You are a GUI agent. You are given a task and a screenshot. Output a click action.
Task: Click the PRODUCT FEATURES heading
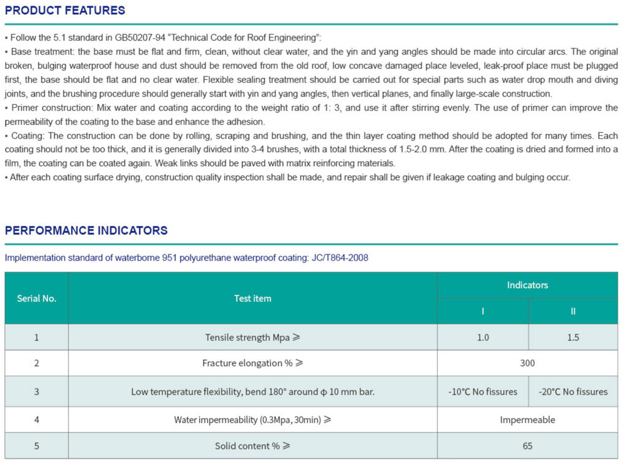(65, 11)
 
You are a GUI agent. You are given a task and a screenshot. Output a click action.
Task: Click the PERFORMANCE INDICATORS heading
(86, 231)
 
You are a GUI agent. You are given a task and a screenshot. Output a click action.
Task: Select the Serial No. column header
(36, 298)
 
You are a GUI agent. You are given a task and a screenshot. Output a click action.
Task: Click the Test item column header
(252, 298)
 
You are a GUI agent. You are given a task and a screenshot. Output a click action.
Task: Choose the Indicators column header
(527, 285)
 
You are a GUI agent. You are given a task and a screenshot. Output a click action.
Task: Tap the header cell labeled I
(483, 311)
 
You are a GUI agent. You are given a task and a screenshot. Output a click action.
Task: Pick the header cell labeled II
(573, 311)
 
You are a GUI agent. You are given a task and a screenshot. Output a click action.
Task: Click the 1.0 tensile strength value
(483, 337)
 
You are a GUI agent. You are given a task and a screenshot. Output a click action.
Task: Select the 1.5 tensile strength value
(573, 337)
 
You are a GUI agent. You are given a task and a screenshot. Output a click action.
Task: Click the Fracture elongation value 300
(527, 363)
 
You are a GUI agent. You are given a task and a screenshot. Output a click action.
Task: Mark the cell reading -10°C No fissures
(483, 392)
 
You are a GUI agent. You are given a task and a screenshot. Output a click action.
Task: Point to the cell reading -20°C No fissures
(573, 392)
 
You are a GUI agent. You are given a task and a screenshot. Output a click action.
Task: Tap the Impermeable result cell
(527, 420)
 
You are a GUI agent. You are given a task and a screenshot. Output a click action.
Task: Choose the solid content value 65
(527, 446)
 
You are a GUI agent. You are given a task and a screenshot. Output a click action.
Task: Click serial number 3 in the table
(36, 392)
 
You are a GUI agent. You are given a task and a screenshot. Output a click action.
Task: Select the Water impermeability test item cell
(252, 420)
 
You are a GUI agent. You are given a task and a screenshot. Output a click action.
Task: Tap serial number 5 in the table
(36, 446)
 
